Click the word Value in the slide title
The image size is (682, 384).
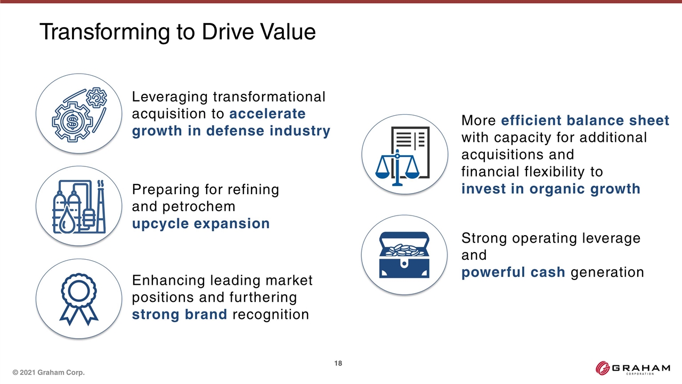coord(288,31)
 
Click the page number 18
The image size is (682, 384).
coord(338,363)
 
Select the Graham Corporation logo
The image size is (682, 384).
coord(632,368)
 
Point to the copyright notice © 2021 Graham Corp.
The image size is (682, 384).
coord(48,372)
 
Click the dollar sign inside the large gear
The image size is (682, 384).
coord(72,122)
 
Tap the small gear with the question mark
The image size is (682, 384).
coord(96,98)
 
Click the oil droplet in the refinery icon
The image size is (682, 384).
coord(67,219)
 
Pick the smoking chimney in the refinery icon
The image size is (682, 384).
coord(101,207)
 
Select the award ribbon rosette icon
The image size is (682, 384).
coord(79,299)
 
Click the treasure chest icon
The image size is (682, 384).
coord(404,255)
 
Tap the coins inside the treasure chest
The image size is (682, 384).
coord(404,250)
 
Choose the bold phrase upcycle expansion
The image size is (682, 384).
coord(201,223)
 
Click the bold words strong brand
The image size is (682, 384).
coord(180,314)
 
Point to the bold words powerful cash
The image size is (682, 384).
coord(513,272)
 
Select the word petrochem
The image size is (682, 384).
coord(199,207)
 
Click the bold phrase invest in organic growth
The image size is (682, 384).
coord(551,189)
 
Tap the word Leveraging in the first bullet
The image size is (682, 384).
coord(170,98)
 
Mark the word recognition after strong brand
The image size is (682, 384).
coord(271,315)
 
